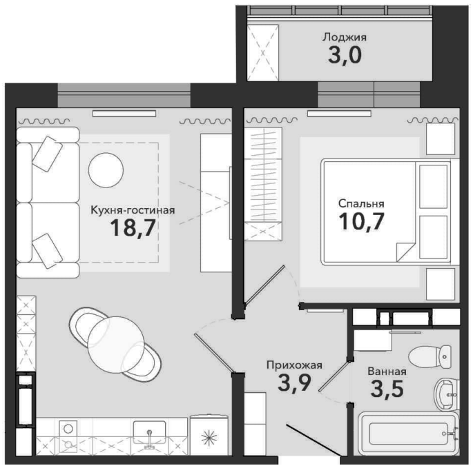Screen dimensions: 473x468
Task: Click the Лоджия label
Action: [345, 37]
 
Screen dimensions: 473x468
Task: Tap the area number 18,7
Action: [133, 227]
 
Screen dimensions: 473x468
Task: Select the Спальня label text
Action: [361, 203]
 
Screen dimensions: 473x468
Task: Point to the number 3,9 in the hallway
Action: [294, 383]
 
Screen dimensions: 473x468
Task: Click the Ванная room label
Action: [387, 372]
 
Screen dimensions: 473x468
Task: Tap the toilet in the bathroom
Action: [430, 356]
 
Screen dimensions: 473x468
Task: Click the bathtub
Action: [409, 434]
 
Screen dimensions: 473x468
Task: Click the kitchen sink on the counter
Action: [149, 432]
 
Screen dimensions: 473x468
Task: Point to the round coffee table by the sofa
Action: [106, 170]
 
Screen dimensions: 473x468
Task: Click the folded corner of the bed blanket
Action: [405, 251]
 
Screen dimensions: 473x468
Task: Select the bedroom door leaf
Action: [264, 285]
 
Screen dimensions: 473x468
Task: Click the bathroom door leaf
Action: [335, 376]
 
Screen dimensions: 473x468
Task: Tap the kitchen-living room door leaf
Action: [213, 354]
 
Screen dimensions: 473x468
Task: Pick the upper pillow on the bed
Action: [433, 187]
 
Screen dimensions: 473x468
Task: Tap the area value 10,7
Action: [361, 221]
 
